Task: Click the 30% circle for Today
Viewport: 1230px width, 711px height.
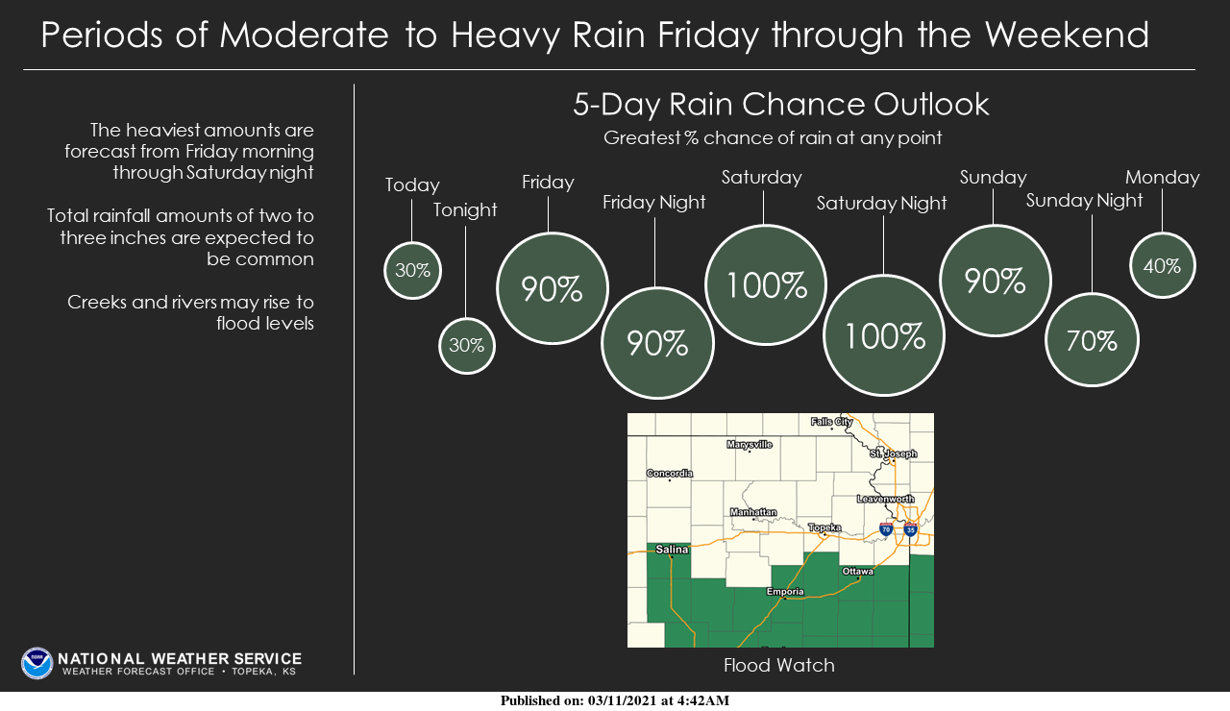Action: pos(412,270)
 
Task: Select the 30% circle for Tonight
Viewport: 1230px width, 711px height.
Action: pos(467,346)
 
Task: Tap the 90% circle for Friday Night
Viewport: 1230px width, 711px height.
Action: pos(658,343)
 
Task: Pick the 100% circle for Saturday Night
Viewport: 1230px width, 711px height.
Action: pos(884,335)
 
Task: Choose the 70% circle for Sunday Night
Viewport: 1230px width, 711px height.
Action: pos(1092,340)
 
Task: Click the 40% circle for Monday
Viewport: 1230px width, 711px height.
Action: pos(1162,265)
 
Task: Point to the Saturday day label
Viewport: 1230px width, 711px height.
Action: pos(762,178)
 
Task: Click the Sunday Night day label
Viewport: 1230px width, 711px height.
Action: pos(1085,201)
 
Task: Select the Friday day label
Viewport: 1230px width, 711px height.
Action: pos(548,183)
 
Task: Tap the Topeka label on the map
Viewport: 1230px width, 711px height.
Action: pos(824,527)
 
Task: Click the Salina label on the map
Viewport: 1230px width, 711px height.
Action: pos(673,550)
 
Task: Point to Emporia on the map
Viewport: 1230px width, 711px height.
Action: pos(785,592)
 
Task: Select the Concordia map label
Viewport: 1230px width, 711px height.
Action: pos(670,473)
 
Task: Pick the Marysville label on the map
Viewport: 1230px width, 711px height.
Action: pos(750,445)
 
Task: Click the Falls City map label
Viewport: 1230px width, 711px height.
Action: pos(832,422)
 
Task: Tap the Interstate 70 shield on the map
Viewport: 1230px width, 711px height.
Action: pos(885,529)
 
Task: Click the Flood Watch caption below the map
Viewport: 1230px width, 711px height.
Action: pos(779,665)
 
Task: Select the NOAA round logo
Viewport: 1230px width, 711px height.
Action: pos(37,663)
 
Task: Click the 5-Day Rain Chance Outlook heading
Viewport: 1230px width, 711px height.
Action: pos(780,105)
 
